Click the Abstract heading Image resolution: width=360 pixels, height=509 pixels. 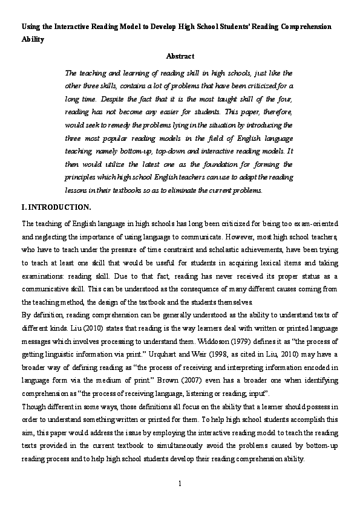(x=180, y=56)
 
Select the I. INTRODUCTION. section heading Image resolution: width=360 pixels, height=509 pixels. (x=56, y=207)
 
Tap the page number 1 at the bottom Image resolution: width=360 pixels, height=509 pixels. (x=180, y=485)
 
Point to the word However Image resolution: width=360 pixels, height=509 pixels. (x=249, y=236)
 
